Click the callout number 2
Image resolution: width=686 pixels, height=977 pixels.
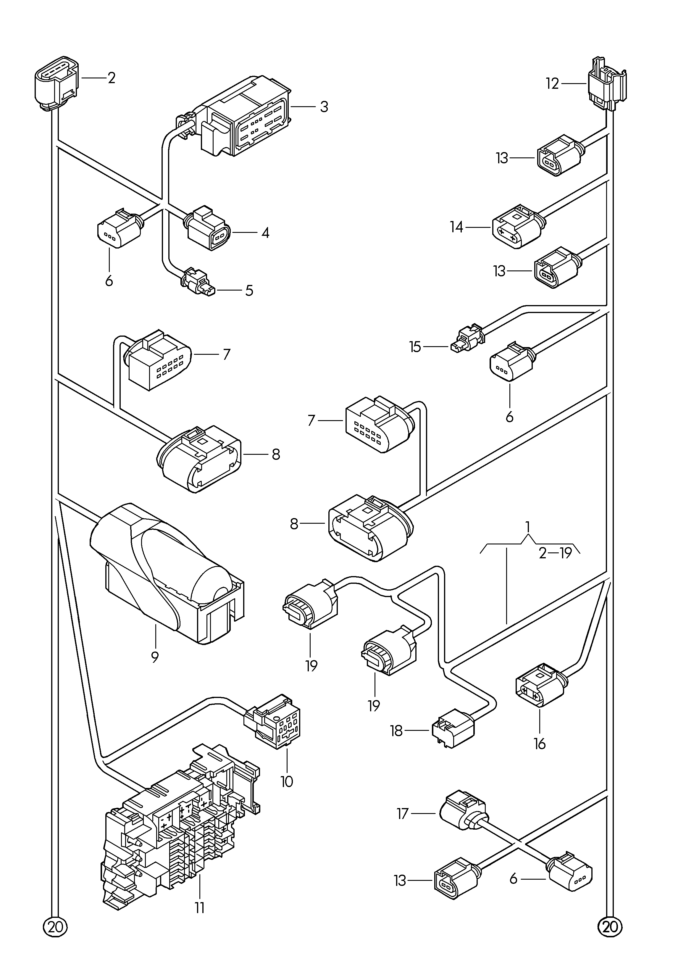point(112,78)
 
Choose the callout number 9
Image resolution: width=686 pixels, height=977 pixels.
point(155,669)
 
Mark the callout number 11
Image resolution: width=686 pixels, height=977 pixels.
point(200,908)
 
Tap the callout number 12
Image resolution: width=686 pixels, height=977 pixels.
point(552,83)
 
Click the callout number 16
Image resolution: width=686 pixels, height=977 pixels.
point(540,744)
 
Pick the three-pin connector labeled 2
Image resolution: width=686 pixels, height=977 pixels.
point(56,83)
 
